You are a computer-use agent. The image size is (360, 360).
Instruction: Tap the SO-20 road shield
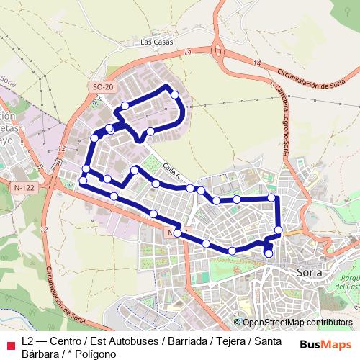[x=103, y=87]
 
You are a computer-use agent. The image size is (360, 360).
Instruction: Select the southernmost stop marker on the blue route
[x=269, y=253]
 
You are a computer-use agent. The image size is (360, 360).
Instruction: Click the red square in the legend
[x=9, y=341]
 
